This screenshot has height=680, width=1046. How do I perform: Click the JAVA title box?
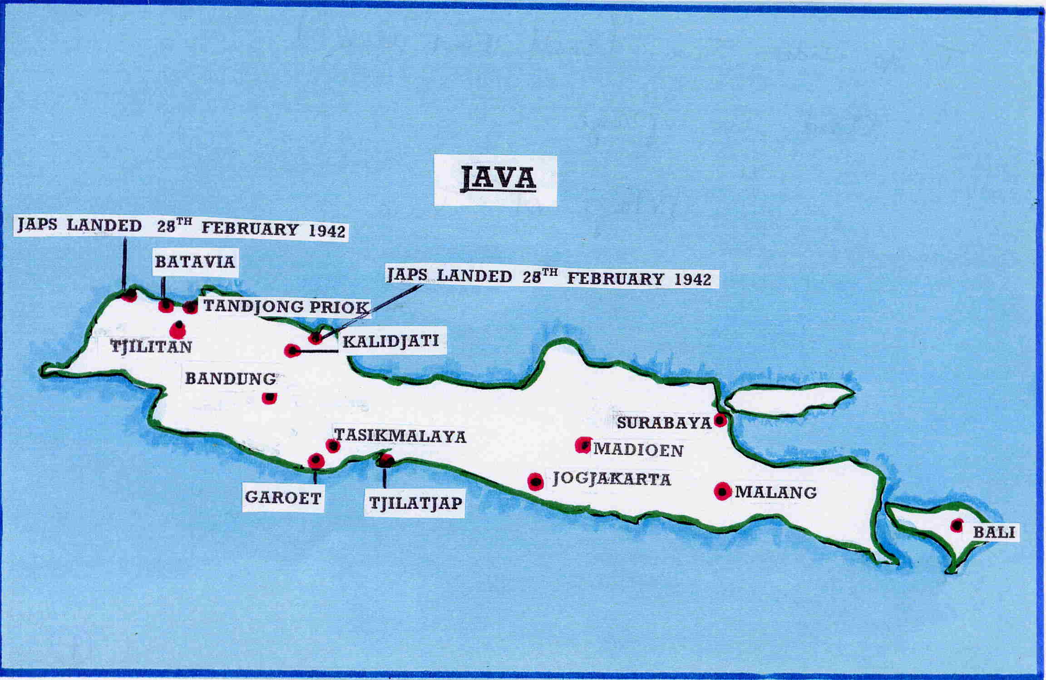pyautogui.click(x=495, y=180)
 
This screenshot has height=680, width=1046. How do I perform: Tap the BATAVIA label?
pyautogui.click(x=195, y=262)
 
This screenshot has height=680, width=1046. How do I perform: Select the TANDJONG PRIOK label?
pyautogui.click(x=286, y=307)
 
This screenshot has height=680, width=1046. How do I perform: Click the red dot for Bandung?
pyautogui.click(x=269, y=398)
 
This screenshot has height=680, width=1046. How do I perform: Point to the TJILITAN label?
pyautogui.click(x=152, y=347)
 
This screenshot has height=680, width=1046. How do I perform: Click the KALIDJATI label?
pyautogui.click(x=391, y=341)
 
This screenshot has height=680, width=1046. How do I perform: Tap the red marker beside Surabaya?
pyautogui.click(x=720, y=420)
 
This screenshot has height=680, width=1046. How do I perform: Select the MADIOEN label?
pyautogui.click(x=638, y=450)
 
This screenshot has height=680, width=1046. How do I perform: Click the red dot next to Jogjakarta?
pyautogui.click(x=536, y=481)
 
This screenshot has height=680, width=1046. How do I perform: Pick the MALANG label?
pyautogui.click(x=775, y=492)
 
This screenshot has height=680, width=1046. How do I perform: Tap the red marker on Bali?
pyautogui.click(x=957, y=526)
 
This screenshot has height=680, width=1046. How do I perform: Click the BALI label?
pyautogui.click(x=994, y=532)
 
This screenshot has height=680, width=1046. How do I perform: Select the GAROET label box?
pyautogui.click(x=283, y=498)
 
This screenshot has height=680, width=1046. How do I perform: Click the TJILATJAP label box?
pyautogui.click(x=415, y=503)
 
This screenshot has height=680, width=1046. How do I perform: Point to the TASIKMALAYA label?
pyautogui.click(x=400, y=436)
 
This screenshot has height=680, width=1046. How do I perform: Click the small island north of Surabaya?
pyautogui.click(x=788, y=399)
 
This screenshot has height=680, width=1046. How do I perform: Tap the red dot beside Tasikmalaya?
pyautogui.click(x=333, y=446)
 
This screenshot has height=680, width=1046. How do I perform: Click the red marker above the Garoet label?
pyautogui.click(x=316, y=461)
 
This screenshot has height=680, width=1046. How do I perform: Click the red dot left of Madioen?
pyautogui.click(x=583, y=445)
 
